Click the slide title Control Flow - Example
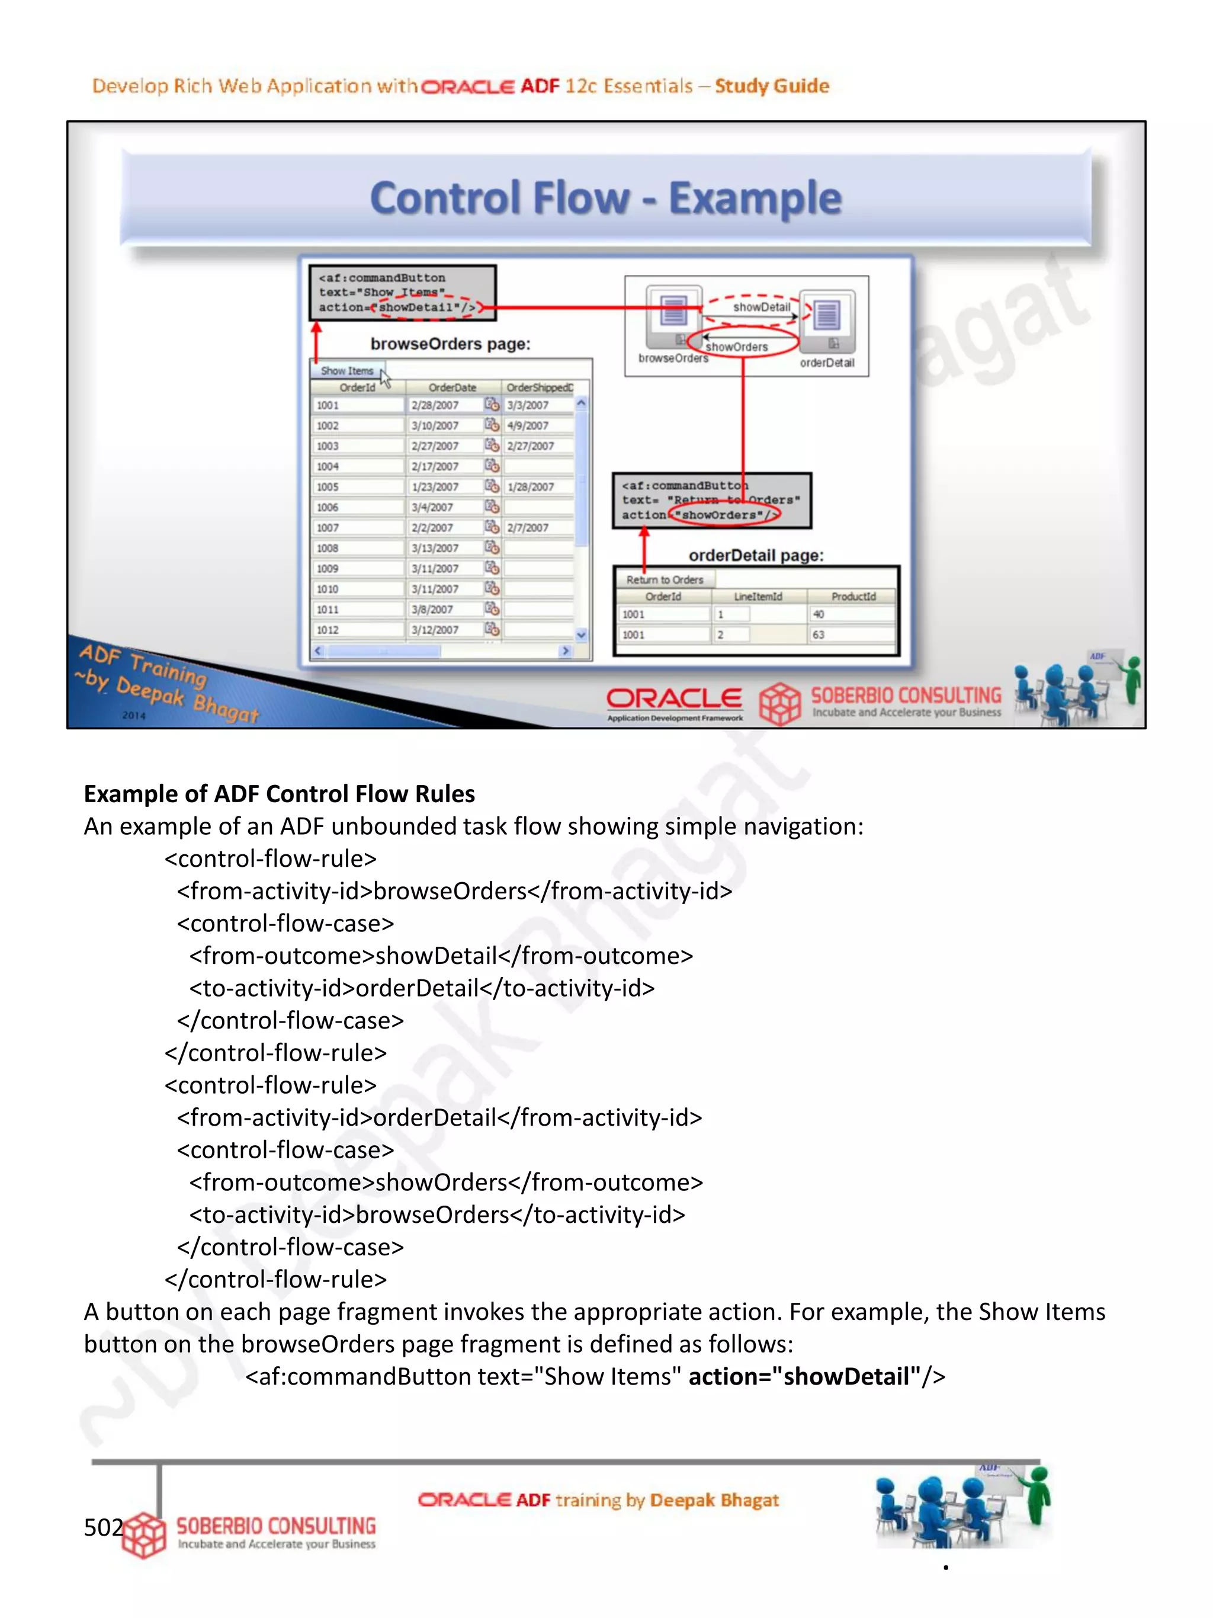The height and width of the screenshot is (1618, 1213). pos(605,198)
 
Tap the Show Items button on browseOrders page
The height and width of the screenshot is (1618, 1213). pos(346,371)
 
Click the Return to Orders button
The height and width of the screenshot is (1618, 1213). pos(664,580)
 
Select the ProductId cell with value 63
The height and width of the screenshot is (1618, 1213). pos(852,635)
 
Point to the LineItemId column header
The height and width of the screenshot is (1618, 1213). pos(758,597)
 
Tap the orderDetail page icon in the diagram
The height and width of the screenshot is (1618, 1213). pos(827,315)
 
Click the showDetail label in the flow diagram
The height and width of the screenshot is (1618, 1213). pos(761,307)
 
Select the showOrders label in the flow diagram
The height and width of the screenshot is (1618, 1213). pos(736,347)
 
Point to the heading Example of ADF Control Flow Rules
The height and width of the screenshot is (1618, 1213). pos(280,794)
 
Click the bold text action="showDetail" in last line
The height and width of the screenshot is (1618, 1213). pos(804,1377)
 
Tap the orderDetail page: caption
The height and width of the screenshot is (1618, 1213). pos(756,556)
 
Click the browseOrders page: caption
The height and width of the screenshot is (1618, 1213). pos(450,344)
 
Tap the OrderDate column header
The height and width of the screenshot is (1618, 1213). pos(452,387)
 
